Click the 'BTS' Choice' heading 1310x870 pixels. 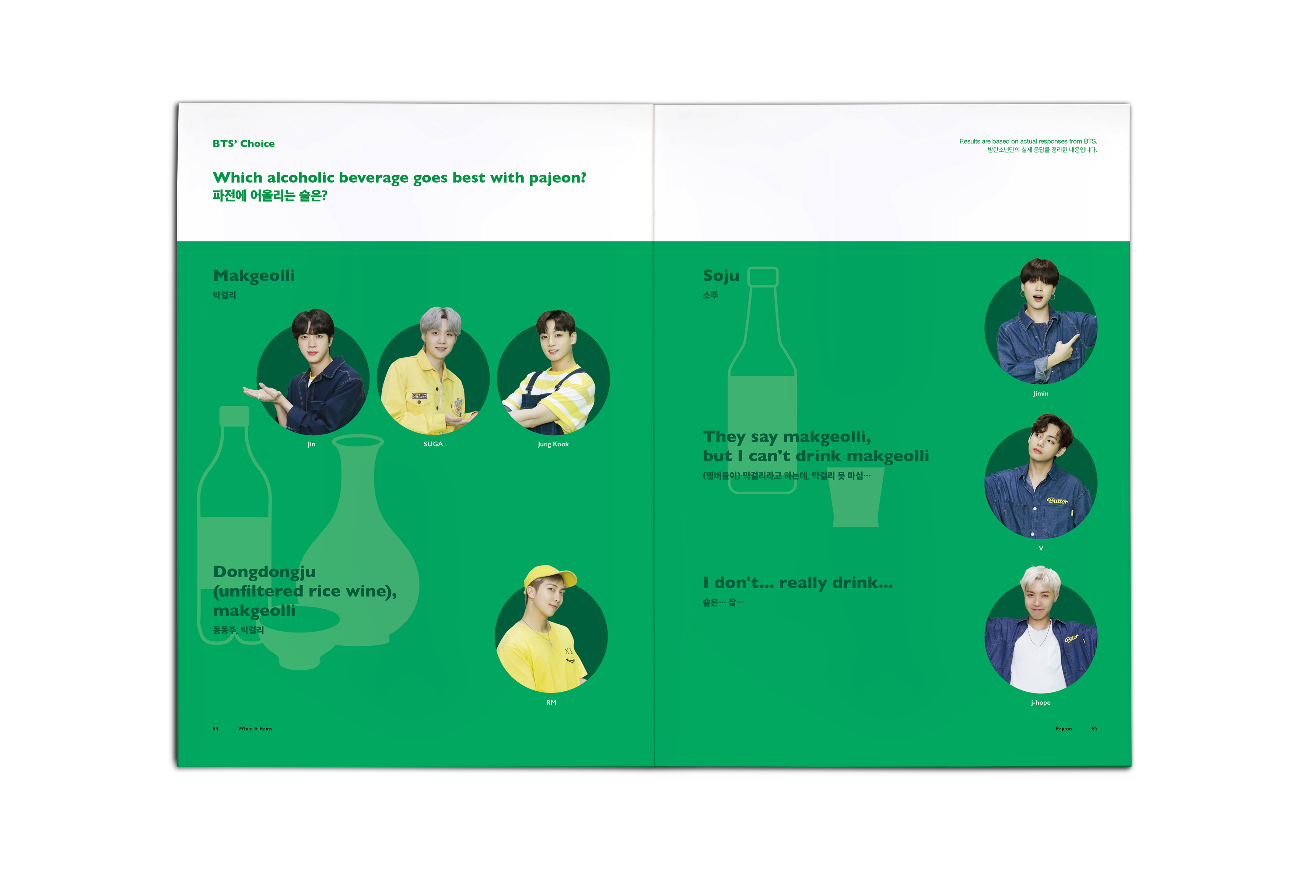(244, 144)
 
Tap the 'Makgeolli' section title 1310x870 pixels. (253, 276)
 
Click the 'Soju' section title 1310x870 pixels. (721, 276)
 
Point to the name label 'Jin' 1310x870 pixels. (311, 444)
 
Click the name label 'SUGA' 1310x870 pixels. (433, 444)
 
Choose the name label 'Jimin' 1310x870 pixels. (1040, 393)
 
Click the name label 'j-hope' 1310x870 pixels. (1040, 702)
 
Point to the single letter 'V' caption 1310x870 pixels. (1041, 548)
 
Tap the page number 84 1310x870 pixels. (215, 729)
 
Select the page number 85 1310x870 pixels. (1094, 729)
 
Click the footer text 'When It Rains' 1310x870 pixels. (255, 729)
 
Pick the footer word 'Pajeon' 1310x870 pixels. (1064, 729)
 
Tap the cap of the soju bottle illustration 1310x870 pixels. (763, 276)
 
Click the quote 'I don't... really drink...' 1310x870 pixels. (798, 583)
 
